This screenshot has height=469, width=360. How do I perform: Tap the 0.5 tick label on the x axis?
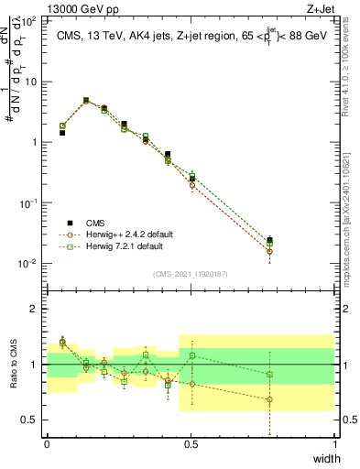coord(191,444)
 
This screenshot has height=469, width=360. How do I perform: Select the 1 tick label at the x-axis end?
coord(334,444)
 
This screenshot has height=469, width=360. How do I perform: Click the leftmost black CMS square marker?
coord(62,133)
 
